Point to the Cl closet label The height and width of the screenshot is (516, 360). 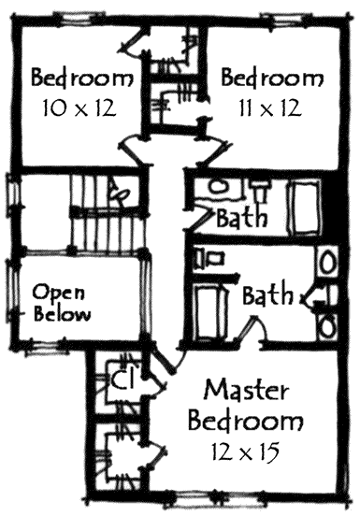pyautogui.click(x=121, y=380)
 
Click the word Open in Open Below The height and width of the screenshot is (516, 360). pyautogui.click(x=54, y=291)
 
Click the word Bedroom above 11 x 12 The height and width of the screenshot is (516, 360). pyautogui.click(x=269, y=75)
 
